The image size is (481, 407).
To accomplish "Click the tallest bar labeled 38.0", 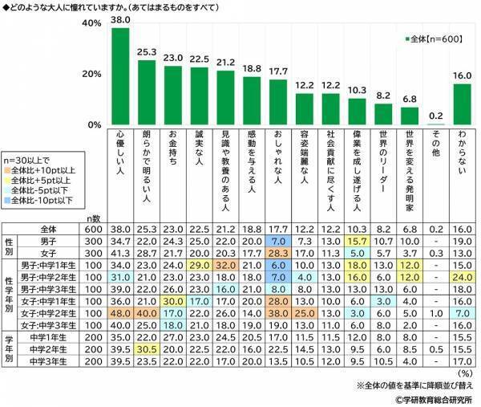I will coord(120,76).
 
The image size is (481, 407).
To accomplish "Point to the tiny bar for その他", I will coord(434,124).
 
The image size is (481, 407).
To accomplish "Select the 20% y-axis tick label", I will coord(91,75).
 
